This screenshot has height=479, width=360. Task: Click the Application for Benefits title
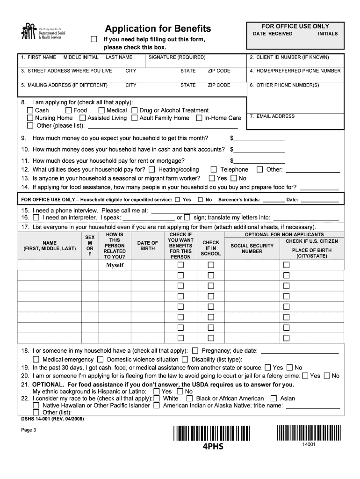tap(158, 29)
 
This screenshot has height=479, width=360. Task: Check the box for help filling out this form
tap(94, 39)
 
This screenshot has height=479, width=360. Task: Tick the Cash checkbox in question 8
tap(30, 110)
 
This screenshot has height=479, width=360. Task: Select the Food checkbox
tap(69, 110)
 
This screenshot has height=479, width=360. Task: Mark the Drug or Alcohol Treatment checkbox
tap(135, 110)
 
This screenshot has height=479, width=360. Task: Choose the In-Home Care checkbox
tap(199, 118)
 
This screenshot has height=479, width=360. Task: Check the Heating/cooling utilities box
tap(152, 169)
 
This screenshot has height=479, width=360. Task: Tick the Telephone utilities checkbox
tap(214, 169)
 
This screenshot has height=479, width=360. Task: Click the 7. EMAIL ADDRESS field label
tap(272, 116)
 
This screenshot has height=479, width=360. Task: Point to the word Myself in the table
tap(115, 265)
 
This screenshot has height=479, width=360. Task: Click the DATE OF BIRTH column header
tap(148, 246)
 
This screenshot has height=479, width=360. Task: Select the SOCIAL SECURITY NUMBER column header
tap(252, 248)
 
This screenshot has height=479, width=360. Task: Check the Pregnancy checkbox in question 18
tap(195, 350)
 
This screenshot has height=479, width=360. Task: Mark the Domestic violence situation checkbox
tap(100, 359)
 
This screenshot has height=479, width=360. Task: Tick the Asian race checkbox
tap(273, 399)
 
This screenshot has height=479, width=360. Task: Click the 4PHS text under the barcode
tap(213, 446)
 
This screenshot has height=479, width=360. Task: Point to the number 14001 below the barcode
tap(309, 444)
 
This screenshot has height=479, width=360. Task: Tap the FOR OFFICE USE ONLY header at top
tap(295, 26)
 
